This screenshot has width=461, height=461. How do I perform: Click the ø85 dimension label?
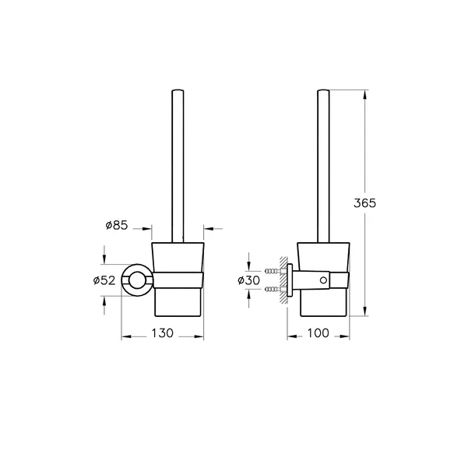[x=116, y=227]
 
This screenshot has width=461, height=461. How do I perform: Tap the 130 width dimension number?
[x=162, y=333]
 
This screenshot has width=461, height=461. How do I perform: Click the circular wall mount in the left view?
[x=138, y=280]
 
